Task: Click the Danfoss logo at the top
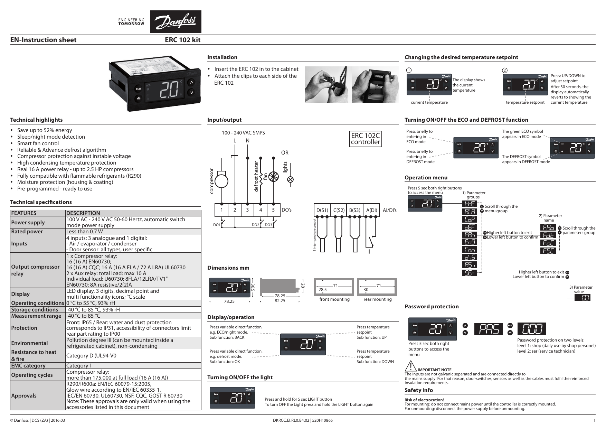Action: [175, 21]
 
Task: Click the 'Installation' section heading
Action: [222, 57]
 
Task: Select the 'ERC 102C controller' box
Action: [365, 139]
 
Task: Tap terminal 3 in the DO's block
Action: [247, 210]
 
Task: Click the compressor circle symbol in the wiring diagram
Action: [221, 181]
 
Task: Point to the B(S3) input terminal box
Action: [354, 210]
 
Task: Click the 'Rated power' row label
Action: [27, 232]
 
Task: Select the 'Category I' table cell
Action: [78, 366]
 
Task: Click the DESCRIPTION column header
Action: [83, 213]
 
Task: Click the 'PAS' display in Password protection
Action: [488, 329]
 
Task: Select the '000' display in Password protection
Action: [532, 329]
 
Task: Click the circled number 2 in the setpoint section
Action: [505, 71]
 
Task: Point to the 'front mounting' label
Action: [334, 299]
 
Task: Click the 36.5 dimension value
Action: [253, 288]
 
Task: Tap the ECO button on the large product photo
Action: [138, 89]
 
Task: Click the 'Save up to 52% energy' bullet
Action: [45, 130]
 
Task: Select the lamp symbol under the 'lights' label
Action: [291, 179]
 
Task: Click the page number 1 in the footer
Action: [594, 420]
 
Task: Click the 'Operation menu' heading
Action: [426, 178]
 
